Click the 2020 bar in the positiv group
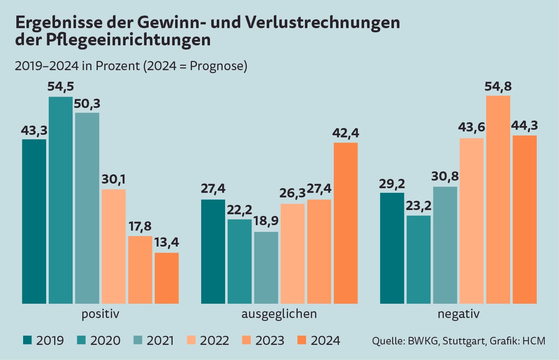[60, 200]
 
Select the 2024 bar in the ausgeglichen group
[346, 223]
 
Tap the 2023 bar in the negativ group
[498, 200]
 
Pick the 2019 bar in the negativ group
[392, 248]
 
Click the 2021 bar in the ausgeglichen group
[266, 268]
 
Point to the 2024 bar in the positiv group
[167, 278]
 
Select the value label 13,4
[167, 243]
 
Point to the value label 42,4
[346, 133]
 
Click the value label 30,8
[445, 177]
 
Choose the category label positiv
[100, 314]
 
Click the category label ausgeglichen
[279, 314]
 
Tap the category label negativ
[458, 314]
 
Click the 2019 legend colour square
[27, 340]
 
